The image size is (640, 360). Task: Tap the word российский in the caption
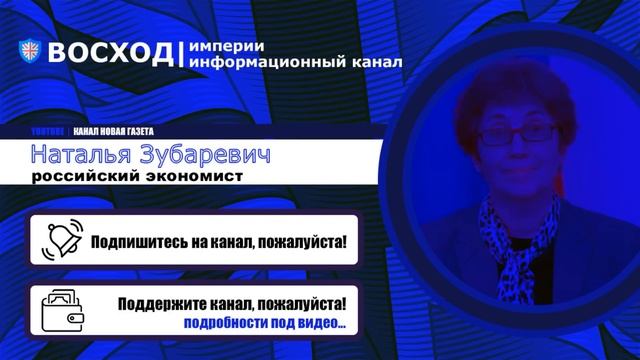pos(86,178)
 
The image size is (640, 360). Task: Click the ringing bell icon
pos(61,239)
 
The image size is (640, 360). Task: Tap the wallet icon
pos(61,309)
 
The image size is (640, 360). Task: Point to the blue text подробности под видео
pos(264,323)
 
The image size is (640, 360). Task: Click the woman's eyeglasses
pos(518,132)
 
